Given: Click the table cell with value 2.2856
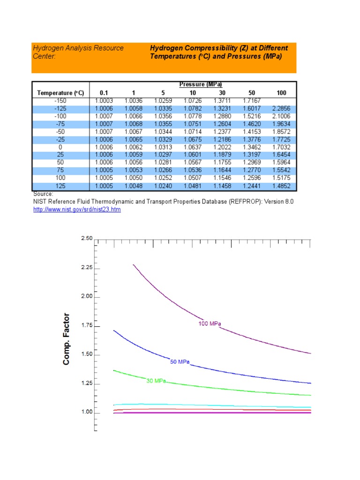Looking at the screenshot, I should pyautogui.click(x=281, y=108).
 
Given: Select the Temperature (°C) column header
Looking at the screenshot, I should pyautogui.click(x=60, y=93).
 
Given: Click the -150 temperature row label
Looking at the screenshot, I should pyautogui.click(x=60, y=100).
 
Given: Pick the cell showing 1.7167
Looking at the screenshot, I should pyautogui.click(x=252, y=100).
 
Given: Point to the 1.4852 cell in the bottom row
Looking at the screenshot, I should pyautogui.click(x=281, y=186).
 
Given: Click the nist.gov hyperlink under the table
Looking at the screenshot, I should pyautogui.click(x=77, y=210).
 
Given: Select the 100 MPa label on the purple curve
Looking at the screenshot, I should pyautogui.click(x=210, y=323).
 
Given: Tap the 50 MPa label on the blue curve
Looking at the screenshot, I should pyautogui.click(x=179, y=362).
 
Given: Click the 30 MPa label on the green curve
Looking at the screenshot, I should pyautogui.click(x=157, y=381).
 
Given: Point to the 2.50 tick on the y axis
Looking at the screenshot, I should pyautogui.click(x=86, y=239).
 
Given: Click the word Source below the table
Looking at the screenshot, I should pyautogui.click(x=43, y=194).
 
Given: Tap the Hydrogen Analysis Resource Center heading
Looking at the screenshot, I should pyautogui.click(x=78, y=52).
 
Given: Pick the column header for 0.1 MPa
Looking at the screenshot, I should pyautogui.click(x=104, y=93).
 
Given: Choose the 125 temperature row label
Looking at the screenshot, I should pyautogui.click(x=60, y=186).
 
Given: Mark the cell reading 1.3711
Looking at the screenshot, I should pyautogui.click(x=222, y=100).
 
